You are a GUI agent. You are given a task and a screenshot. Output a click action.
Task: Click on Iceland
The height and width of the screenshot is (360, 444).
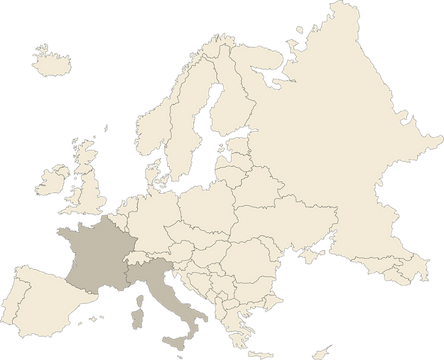(x=51, y=57)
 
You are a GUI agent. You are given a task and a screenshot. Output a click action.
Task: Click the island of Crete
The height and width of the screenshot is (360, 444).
(x=260, y=354)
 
